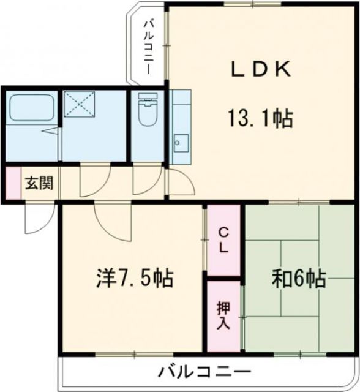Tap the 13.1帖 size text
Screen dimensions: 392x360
tap(260, 116)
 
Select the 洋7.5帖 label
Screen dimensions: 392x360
tap(134, 279)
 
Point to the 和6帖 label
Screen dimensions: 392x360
tap(298, 279)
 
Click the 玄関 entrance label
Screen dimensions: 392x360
tap(38, 183)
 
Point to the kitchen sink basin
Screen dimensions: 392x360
tap(179, 144)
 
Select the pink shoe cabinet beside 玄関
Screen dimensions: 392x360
tap(13, 183)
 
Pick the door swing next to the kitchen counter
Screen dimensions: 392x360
tap(178, 181)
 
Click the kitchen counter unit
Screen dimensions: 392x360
tap(181, 126)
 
